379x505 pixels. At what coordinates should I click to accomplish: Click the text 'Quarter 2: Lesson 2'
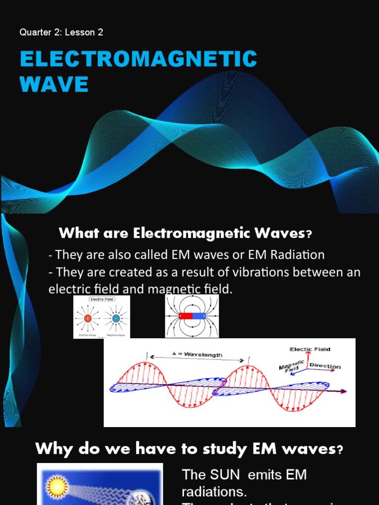point(61,33)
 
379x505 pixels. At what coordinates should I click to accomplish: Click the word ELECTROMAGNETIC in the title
point(138,59)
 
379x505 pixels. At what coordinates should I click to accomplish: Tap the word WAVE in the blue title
point(54,84)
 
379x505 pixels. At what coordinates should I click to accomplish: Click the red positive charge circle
point(88,319)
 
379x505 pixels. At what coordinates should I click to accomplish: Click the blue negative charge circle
point(115,319)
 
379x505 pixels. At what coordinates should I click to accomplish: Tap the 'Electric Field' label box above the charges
point(102,299)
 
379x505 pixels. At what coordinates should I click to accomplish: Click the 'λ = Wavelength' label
point(197,355)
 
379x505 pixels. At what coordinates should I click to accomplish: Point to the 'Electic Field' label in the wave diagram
point(309,349)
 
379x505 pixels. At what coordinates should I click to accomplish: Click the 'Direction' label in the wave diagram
point(325,366)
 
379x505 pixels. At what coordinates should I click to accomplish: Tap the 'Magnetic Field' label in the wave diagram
point(290,367)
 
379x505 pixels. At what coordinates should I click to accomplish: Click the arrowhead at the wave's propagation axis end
point(343,392)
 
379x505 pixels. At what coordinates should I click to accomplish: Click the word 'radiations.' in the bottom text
point(214,492)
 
